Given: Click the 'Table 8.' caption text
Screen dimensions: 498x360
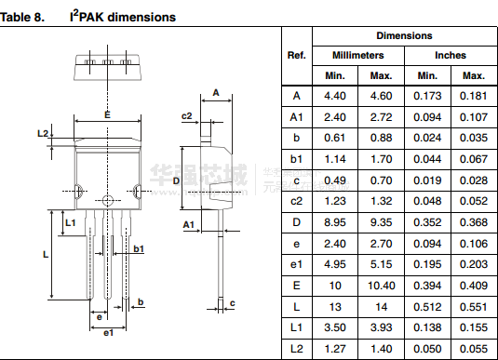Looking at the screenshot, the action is pos(22,17).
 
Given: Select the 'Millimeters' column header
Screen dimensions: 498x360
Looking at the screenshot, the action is pos(358,55).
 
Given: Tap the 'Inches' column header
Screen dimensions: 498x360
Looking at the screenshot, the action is pos(451,55).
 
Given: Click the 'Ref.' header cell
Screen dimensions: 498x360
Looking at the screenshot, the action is pos(297,55).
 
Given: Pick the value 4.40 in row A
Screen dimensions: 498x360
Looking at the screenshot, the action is pos(335,96).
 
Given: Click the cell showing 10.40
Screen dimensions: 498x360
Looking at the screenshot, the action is pos(381,286).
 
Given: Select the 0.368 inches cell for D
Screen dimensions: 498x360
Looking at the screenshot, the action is pos(474,222).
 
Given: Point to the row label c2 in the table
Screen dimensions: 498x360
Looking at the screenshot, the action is pos(296,201).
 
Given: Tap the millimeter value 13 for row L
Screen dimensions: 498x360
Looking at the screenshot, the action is pos(335,307).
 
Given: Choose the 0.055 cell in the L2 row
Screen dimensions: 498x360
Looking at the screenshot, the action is pos(474,349).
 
